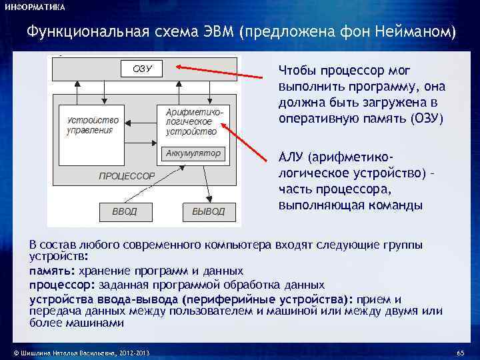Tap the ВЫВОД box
click(x=208, y=212)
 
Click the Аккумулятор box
click(x=192, y=153)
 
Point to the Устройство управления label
click(x=93, y=125)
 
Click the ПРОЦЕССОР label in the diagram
click(x=127, y=176)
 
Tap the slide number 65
click(x=459, y=352)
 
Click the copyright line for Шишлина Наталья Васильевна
click(x=77, y=352)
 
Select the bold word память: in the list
click(x=51, y=271)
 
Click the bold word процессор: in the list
click(x=62, y=284)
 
